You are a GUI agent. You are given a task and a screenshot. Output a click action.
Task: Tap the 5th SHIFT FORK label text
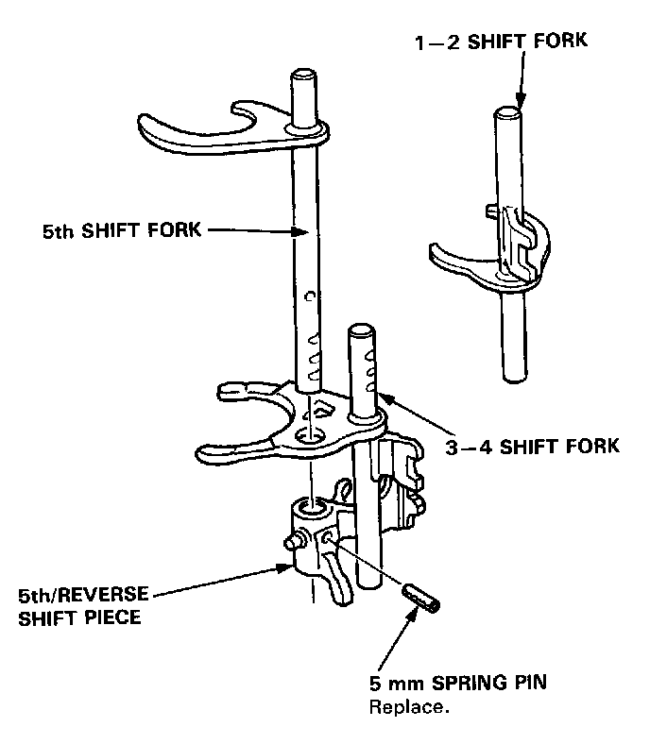(x=121, y=229)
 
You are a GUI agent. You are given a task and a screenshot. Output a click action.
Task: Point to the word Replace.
(x=408, y=705)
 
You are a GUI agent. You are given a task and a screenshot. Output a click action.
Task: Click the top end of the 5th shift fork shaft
(x=304, y=76)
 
